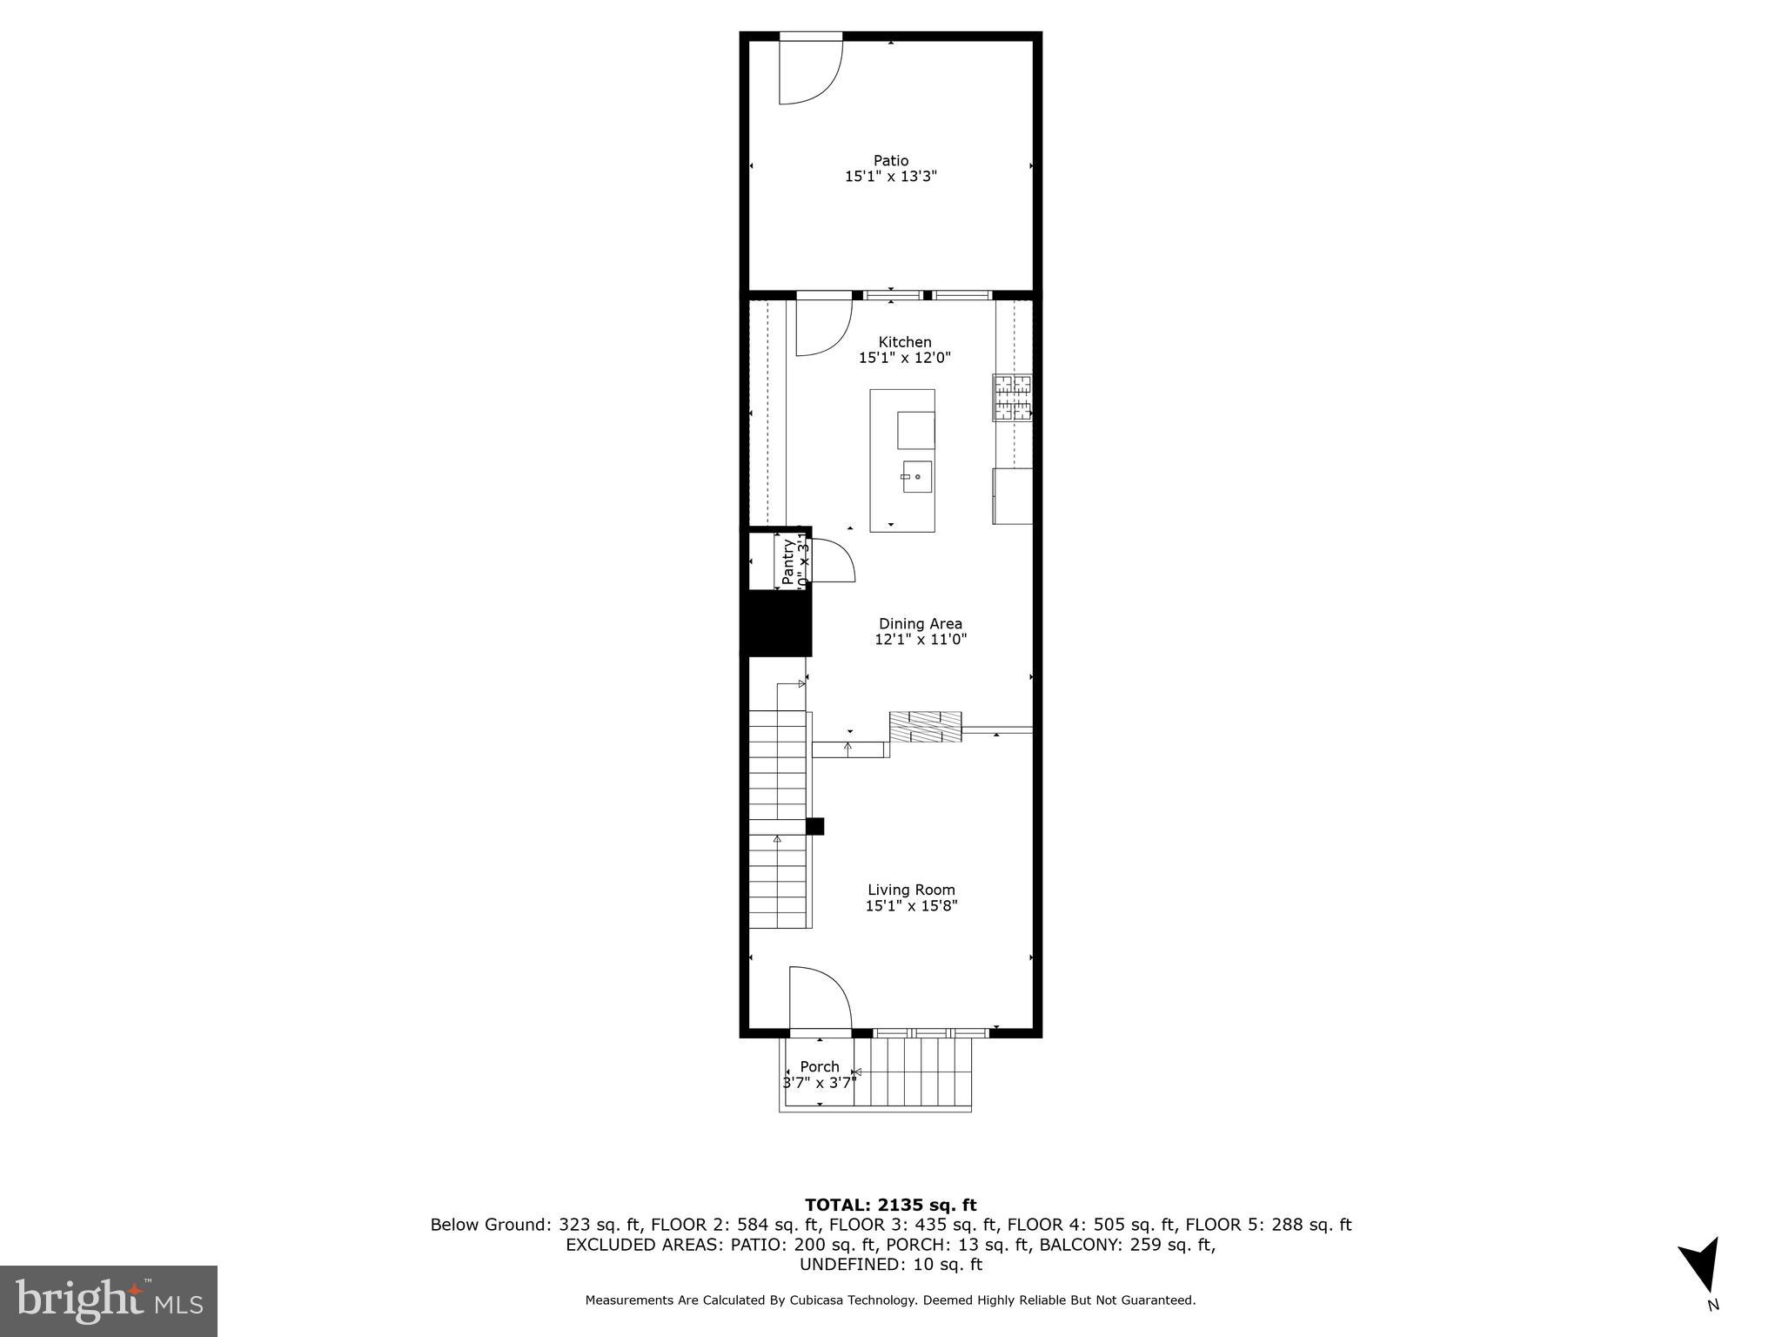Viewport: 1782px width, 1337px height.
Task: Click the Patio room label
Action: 891,160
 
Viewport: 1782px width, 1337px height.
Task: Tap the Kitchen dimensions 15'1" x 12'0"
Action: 905,358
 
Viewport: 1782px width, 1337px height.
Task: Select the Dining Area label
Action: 920,623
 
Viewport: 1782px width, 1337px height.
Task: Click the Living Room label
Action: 911,890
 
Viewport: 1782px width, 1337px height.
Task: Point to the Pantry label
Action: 788,561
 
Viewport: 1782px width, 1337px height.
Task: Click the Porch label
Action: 820,1066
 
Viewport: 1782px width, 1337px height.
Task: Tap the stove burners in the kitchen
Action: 1013,398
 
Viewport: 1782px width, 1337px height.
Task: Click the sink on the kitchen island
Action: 916,477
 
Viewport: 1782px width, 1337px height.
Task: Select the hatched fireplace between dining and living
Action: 925,727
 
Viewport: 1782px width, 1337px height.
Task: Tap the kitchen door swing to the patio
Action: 821,329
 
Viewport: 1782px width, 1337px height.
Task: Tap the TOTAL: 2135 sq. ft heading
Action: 890,1205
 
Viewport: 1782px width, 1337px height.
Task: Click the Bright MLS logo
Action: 109,1300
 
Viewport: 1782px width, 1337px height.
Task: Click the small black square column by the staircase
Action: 814,826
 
